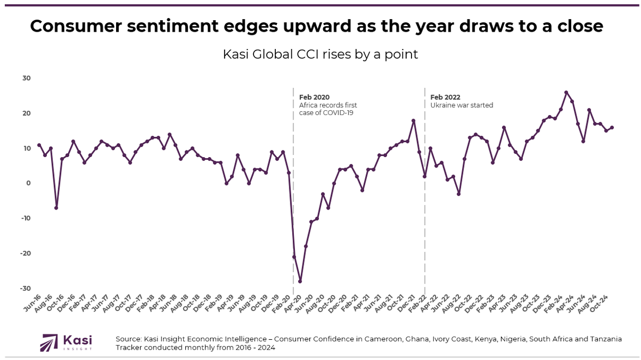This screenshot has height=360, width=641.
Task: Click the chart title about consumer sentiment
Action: [316, 26]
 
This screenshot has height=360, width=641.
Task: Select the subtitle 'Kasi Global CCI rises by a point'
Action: [320, 55]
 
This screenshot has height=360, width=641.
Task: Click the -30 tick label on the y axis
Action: [25, 288]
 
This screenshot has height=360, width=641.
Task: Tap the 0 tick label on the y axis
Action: [28, 183]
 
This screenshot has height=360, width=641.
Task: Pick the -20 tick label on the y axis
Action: [25, 253]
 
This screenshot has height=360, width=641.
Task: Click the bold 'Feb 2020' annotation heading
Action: [315, 97]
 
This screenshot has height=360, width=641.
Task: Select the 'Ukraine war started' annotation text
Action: [462, 105]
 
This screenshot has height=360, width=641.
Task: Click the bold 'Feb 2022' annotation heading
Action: [445, 97]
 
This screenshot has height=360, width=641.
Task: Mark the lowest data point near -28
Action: [300, 281]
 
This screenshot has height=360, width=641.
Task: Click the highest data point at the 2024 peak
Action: [566, 92]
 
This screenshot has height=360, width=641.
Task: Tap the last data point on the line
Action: [612, 127]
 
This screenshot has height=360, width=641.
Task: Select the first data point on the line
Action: [39, 145]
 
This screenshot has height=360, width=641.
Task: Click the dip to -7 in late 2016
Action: [56, 208]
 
